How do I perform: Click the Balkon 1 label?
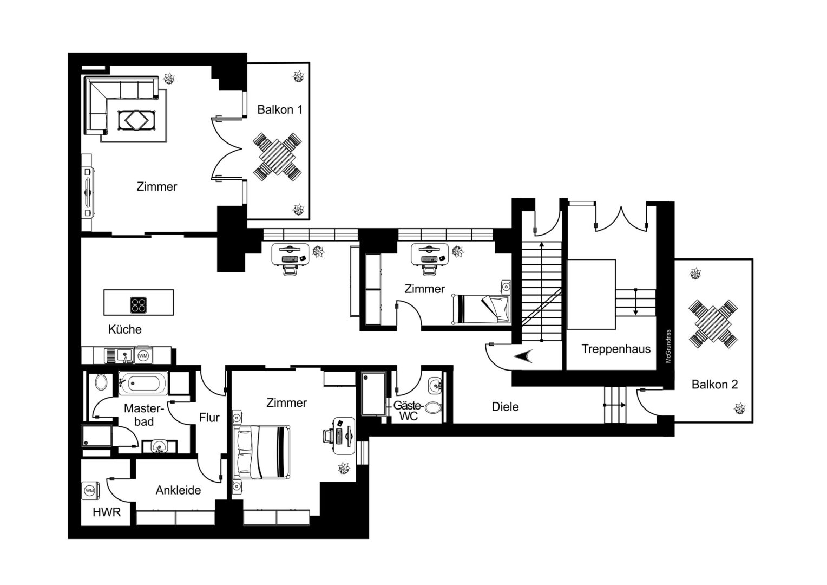[x=280, y=109]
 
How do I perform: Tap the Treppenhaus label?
[x=616, y=349]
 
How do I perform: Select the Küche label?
[x=125, y=329]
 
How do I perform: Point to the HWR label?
[x=107, y=512]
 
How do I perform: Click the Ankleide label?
[x=178, y=490]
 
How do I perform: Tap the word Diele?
[x=505, y=407]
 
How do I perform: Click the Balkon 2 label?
[x=714, y=385]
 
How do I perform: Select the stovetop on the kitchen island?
[x=139, y=305]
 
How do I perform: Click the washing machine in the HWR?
[x=90, y=491]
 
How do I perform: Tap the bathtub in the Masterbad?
[x=143, y=382]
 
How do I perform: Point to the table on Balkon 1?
[x=277, y=157]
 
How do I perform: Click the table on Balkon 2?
[x=713, y=324]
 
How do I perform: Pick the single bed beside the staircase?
[x=482, y=309]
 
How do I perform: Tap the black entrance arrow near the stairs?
[x=523, y=356]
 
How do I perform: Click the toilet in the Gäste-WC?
[x=432, y=408]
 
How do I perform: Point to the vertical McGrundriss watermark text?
[x=668, y=346]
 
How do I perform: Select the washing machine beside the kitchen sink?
[x=143, y=355]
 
